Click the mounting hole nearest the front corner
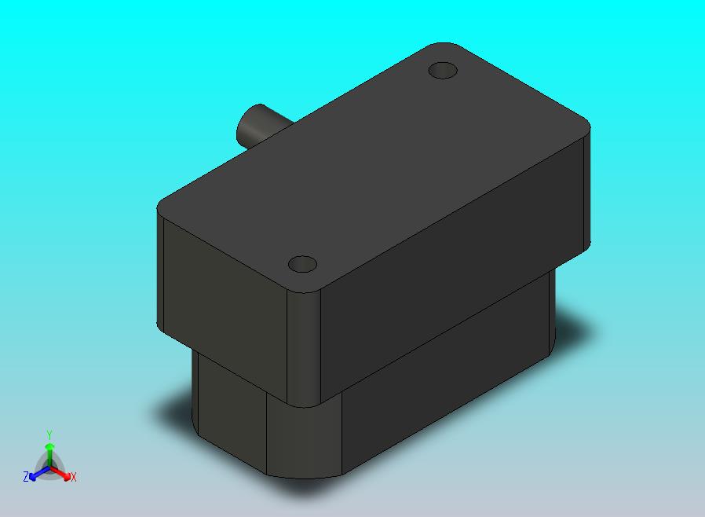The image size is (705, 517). (x=302, y=264)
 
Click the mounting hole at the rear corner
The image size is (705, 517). (x=443, y=71)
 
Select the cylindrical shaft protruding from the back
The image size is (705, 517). (x=258, y=127)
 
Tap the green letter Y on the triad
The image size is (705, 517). (x=49, y=434)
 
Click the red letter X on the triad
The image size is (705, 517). (x=74, y=478)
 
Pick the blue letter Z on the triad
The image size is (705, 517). (x=26, y=476)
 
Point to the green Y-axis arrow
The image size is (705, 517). (x=49, y=456)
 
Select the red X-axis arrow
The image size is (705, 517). (x=61, y=473)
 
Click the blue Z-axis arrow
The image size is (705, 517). (x=38, y=473)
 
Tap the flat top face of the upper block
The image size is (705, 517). (x=373, y=167)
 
